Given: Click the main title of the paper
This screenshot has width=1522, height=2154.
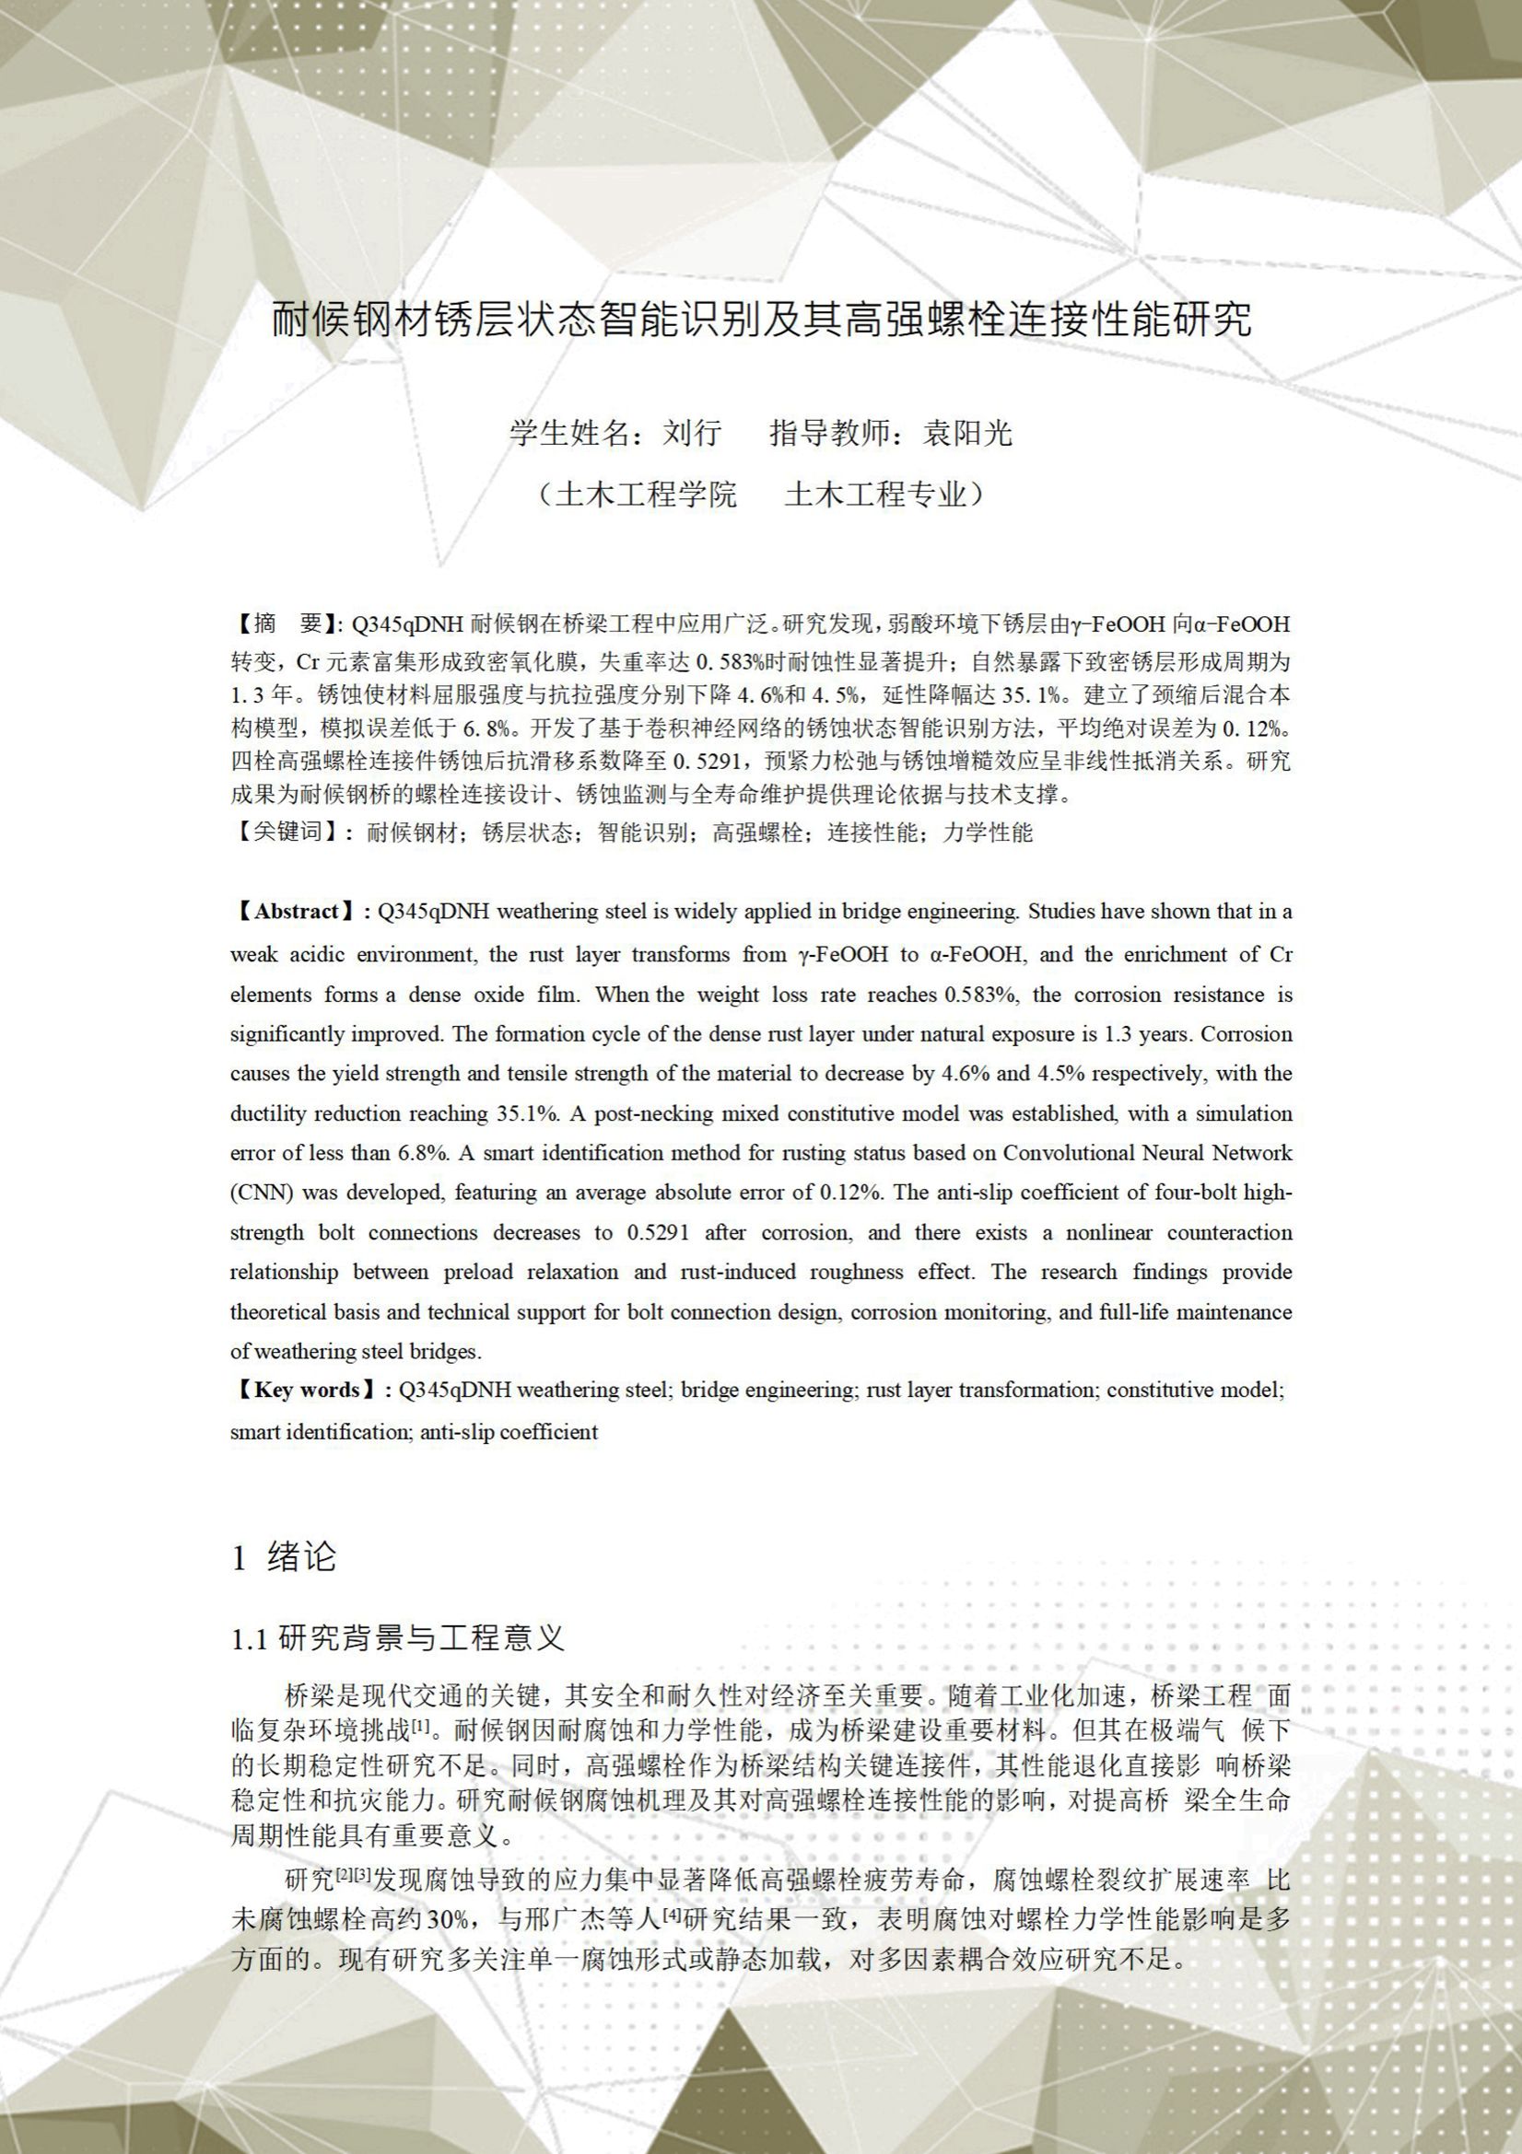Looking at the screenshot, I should click(761, 319).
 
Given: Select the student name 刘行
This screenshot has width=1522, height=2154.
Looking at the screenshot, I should click(693, 433).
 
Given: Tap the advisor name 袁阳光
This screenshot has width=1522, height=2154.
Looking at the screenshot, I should click(967, 433).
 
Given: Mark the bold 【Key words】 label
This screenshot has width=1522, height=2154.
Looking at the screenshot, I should click(307, 1390).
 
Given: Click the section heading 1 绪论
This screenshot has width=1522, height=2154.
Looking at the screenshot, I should click(284, 1557).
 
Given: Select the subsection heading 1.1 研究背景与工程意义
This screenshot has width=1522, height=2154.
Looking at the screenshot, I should click(398, 1639).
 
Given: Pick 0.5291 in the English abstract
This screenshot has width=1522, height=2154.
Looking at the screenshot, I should click(658, 1233).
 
